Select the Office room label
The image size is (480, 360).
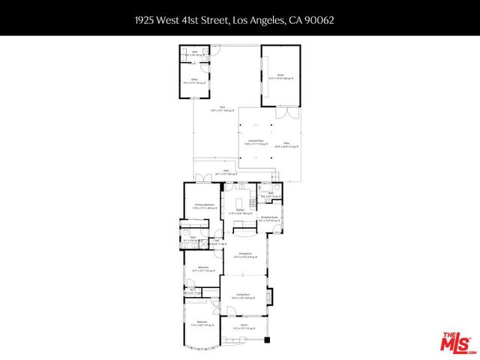[194, 79]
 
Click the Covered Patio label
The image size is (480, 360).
[256, 142]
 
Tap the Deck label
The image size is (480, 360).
[226, 172]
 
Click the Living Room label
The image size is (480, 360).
[241, 296]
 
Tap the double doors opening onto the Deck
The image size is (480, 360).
[202, 179]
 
